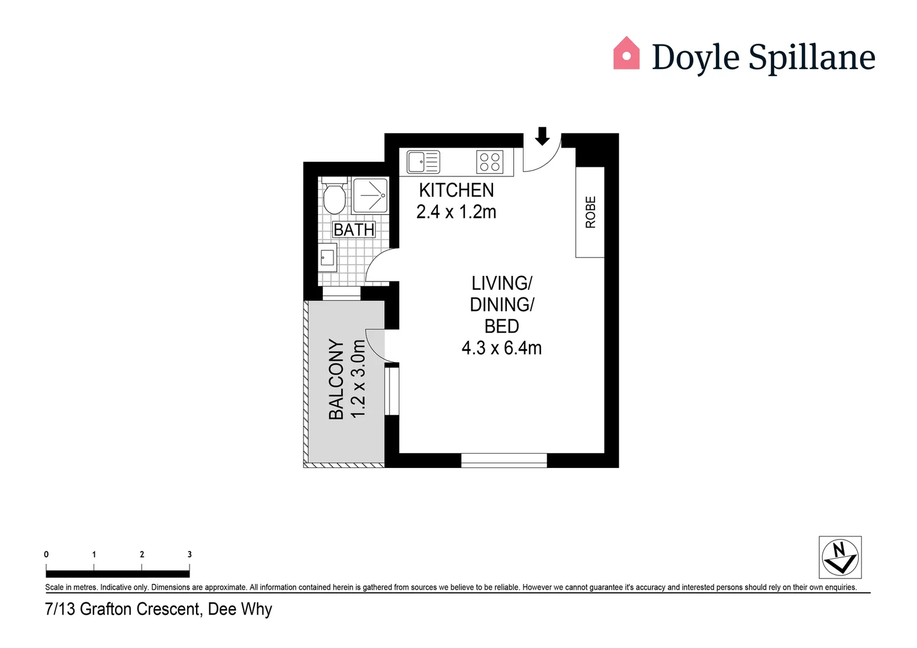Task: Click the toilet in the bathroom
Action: click(334, 197)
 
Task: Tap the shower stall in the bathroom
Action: click(371, 196)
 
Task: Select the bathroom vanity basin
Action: click(327, 258)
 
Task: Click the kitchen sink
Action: click(423, 162)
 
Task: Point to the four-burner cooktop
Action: click(490, 162)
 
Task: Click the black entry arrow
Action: click(542, 136)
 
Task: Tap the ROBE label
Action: click(591, 212)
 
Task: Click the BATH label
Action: click(354, 230)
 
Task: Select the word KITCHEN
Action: click(456, 190)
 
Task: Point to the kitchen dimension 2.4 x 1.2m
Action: click(456, 212)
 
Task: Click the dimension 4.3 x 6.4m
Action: click(501, 348)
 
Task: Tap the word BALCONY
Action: click(336, 379)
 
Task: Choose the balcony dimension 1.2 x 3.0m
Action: click(358, 379)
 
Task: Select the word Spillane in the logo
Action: click(812, 58)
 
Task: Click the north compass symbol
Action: click(840, 557)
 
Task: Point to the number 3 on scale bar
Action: click(190, 554)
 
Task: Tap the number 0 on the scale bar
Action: click(46, 554)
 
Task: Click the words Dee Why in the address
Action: click(240, 610)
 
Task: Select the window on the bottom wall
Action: click(504, 460)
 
